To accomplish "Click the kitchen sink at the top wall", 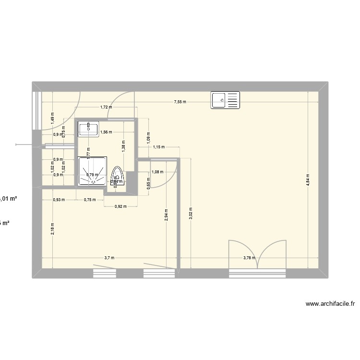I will tap(225, 100).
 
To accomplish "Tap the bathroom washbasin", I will tap(88, 129).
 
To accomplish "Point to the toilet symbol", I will tap(118, 176).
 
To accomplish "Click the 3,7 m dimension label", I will tap(109, 258).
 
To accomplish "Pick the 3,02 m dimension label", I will tap(191, 214).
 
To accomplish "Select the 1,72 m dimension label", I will tap(106, 107).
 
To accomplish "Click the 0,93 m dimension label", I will tap(59, 200).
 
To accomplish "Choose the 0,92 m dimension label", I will tap(120, 207).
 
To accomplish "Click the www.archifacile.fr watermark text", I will tap(330, 304).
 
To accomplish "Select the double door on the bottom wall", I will tap(258, 254).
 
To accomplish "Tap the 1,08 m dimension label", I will tap(157, 172).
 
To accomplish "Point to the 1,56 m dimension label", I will tap(106, 132).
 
